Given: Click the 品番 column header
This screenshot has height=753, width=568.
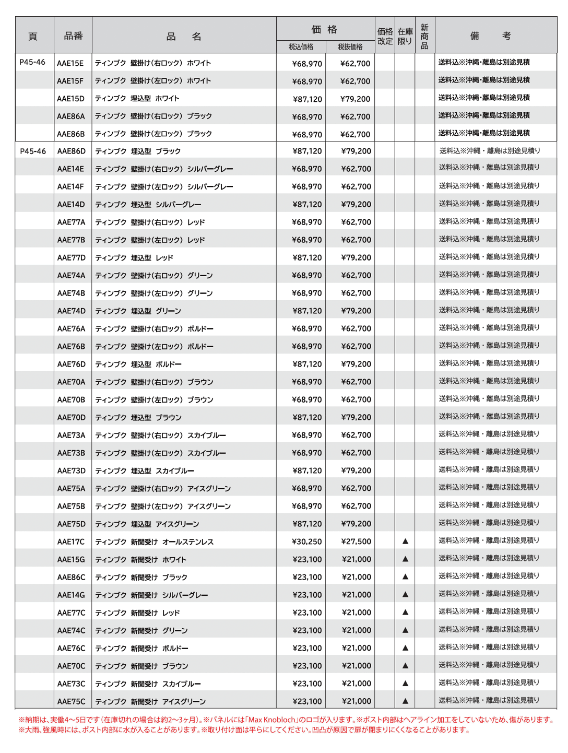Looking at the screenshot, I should [73, 36].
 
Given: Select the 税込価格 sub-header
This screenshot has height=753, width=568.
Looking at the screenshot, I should [301, 46].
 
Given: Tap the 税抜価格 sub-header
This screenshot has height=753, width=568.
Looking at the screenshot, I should [350, 46].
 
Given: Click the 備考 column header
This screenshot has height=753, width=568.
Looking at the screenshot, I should [491, 36].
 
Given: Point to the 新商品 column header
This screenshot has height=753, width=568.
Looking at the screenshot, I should [424, 36].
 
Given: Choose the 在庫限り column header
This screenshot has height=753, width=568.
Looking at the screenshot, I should [405, 36].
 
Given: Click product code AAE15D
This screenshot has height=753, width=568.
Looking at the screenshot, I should [70, 99].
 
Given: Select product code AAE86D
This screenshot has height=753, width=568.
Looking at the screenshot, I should [71, 151].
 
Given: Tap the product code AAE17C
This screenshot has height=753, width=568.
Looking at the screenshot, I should [70, 542].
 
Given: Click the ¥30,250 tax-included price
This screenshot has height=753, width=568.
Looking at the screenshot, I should [307, 542].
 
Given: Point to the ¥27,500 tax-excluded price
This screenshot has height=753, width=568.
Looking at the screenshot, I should [356, 542].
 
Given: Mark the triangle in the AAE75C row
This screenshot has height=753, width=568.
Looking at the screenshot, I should [405, 701].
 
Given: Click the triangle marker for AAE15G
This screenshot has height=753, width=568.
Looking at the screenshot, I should [405, 559].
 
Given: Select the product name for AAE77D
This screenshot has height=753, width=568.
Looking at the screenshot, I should [134, 258].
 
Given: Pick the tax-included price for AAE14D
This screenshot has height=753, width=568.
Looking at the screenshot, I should [307, 205].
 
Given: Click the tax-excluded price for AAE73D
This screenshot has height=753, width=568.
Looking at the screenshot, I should [356, 471].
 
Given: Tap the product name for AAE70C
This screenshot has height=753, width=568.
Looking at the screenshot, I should [141, 666].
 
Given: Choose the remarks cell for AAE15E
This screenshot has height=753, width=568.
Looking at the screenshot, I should [484, 63].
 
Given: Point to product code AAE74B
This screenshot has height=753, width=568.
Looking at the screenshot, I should [71, 293].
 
